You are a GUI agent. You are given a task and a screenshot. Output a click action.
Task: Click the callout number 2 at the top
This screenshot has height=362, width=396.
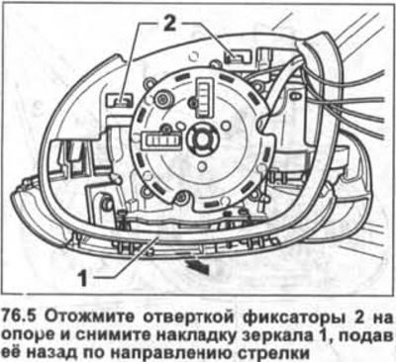(x=169, y=24)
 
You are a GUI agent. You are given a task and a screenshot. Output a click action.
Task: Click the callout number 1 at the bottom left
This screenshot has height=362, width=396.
(x=82, y=279)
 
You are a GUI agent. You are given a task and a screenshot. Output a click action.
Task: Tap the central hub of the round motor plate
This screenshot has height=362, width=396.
(x=200, y=136)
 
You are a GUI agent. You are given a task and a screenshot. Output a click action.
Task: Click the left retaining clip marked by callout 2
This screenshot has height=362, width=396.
(x=119, y=100)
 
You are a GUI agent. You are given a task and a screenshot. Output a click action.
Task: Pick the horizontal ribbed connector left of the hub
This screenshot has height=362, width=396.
(x=160, y=140)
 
